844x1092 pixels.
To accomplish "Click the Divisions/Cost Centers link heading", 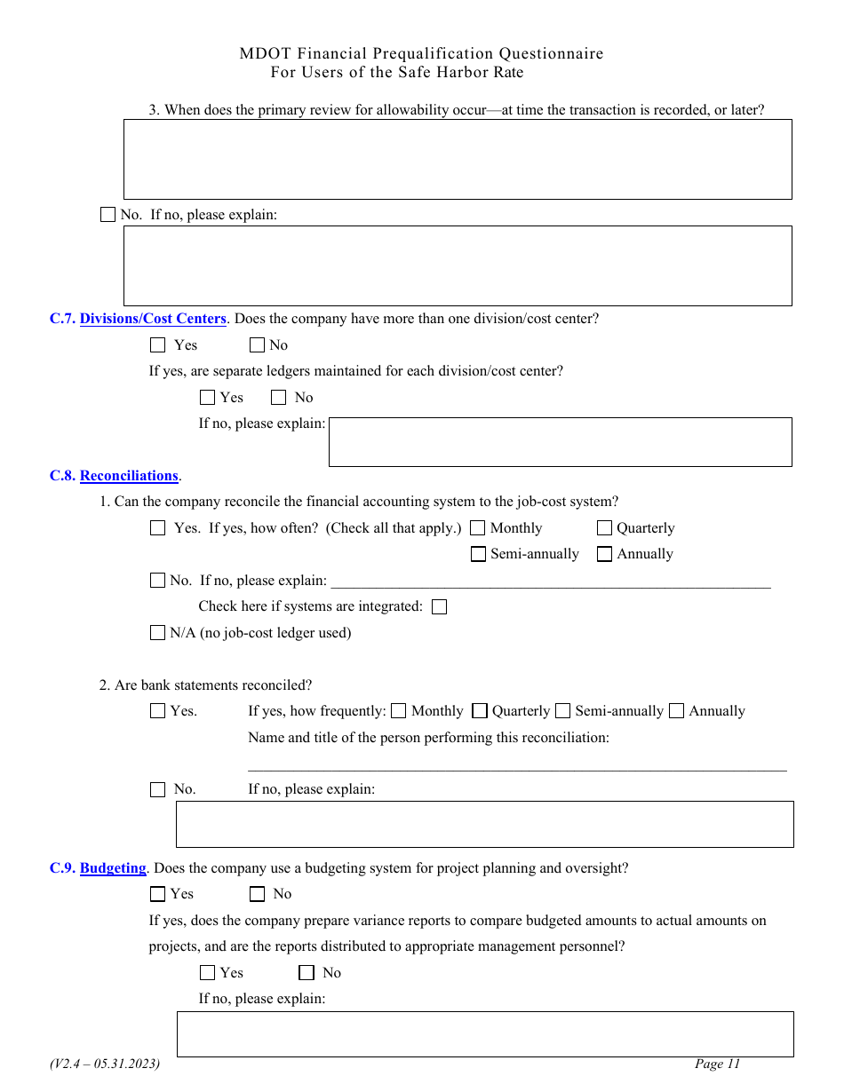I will pos(153,319).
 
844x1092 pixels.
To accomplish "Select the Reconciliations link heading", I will pos(129,476).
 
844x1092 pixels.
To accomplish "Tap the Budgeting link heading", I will pos(113,868).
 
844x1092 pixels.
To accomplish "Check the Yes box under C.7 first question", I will pos(158,345).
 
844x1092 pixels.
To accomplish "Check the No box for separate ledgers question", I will pos(278,398).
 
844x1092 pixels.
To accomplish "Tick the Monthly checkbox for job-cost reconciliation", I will pos(478,528).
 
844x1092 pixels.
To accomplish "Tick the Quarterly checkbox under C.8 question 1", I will pos(605,528).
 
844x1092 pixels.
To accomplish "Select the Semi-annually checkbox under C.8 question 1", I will pos(478,554).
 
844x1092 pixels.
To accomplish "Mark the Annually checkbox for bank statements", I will pos(677,711).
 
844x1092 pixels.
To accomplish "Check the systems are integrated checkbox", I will pos(439,607).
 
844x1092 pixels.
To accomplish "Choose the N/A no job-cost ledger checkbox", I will pos(158,633).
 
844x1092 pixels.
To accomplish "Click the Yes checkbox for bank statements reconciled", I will pos(158,711).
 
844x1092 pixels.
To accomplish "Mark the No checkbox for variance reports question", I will pos(307,973).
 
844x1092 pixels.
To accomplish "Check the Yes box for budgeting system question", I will pos(158,894).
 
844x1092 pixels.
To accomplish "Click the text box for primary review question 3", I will pos(457,160).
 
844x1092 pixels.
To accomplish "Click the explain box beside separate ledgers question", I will pos(560,442).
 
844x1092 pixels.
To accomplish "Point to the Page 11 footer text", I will pos(717,1064).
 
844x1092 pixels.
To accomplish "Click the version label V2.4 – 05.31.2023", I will pos(105,1064).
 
